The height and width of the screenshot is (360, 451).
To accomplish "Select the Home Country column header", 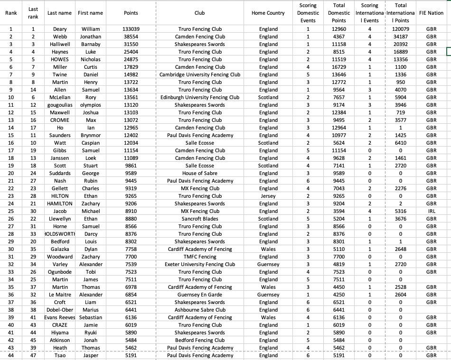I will tap(268, 13).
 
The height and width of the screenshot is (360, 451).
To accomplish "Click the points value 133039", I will tap(131, 29).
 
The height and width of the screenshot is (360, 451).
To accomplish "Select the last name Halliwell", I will tap(60, 44).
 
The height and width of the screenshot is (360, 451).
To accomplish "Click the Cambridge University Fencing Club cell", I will tap(200, 74).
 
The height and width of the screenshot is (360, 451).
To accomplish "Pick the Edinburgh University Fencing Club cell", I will tap(200, 97).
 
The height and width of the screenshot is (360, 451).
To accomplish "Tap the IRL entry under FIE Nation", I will tap(432, 211).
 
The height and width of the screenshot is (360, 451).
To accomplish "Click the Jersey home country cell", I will tap(268, 196).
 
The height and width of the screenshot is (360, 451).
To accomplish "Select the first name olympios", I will tap(91, 105).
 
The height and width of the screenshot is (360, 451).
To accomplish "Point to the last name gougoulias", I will tap(60, 105).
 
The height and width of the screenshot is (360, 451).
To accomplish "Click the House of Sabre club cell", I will tap(200, 173).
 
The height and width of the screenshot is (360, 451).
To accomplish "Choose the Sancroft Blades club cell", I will tap(200, 219).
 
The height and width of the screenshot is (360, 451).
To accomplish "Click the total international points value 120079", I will tap(401, 29).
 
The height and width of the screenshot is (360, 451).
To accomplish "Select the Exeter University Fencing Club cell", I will tap(200, 264).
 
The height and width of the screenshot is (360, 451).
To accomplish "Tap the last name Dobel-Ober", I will tap(60, 310).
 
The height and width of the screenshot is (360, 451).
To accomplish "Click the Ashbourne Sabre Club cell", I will tap(200, 310).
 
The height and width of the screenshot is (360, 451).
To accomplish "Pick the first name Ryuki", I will tap(91, 332).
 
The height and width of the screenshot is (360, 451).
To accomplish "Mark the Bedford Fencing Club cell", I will tap(200, 340).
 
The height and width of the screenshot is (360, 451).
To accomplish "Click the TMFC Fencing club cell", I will tap(200, 257).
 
